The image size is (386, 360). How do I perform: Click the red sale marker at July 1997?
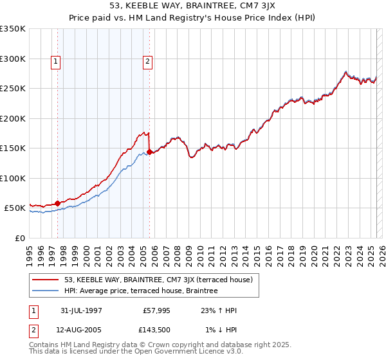click(58, 203)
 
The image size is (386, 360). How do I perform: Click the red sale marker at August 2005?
click(149, 152)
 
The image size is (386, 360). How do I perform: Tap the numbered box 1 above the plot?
click(56, 62)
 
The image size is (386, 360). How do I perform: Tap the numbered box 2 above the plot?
click(147, 62)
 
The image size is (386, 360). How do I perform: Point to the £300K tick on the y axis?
click(14, 59)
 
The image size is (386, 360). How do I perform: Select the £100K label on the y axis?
click(14, 178)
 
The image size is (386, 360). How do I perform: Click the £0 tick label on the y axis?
click(19, 238)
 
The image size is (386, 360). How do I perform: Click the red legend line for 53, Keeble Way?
click(46, 280)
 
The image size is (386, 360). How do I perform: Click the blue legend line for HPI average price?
click(46, 291)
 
